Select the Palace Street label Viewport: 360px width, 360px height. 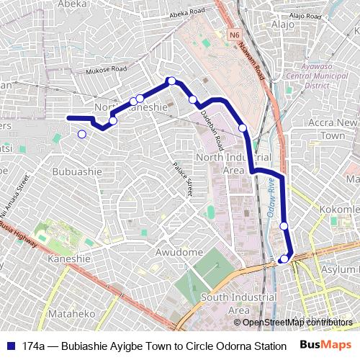tap(183, 179)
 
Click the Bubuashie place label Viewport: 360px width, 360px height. tap(78, 171)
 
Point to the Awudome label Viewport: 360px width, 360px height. tap(179, 253)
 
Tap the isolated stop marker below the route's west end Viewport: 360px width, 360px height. tap(81, 134)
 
